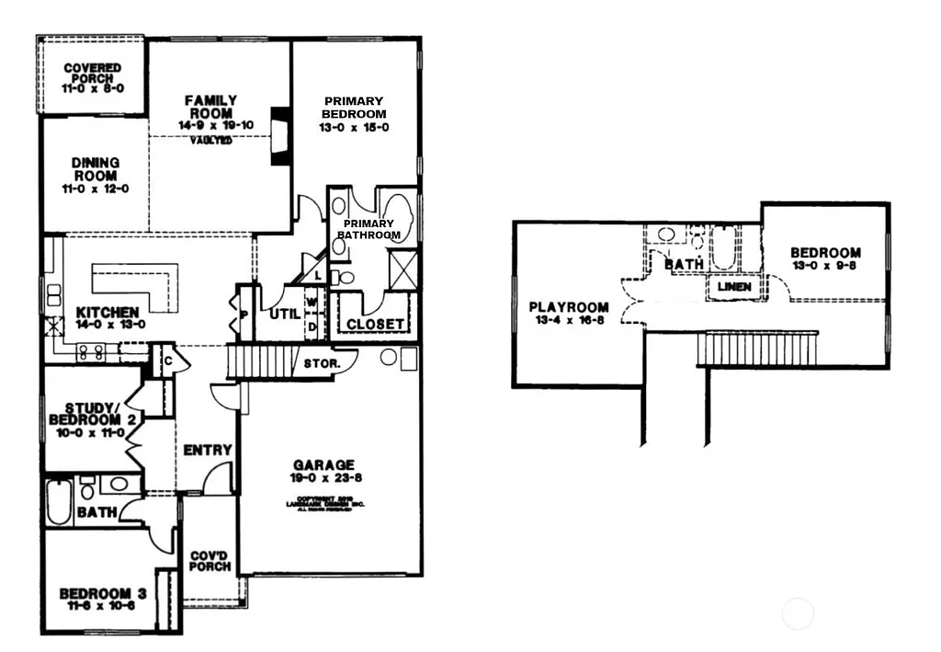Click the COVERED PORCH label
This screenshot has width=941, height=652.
[x=93, y=74]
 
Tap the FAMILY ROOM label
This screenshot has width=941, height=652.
[x=210, y=106]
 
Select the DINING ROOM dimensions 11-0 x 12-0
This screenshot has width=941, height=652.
[x=95, y=189]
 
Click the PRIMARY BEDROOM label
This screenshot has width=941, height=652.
[x=354, y=108]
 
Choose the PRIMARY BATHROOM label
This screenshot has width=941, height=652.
[x=368, y=229]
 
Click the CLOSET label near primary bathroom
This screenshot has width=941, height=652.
[x=375, y=324]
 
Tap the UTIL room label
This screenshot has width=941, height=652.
[x=284, y=314]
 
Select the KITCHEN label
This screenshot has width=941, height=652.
[x=108, y=313]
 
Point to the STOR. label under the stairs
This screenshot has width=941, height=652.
[x=323, y=364]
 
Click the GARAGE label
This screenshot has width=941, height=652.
[x=323, y=465]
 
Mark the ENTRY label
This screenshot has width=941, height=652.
[x=208, y=450]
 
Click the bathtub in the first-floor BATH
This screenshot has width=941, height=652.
[x=59, y=501]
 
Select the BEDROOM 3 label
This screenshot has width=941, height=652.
[x=102, y=594]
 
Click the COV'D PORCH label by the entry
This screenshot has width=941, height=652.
[x=210, y=561]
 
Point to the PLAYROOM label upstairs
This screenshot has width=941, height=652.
[x=568, y=307]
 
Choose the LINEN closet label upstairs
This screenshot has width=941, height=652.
[x=733, y=287]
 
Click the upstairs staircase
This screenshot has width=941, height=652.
[x=757, y=349]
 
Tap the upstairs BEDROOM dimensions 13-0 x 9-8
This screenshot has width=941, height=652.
[x=825, y=267]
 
